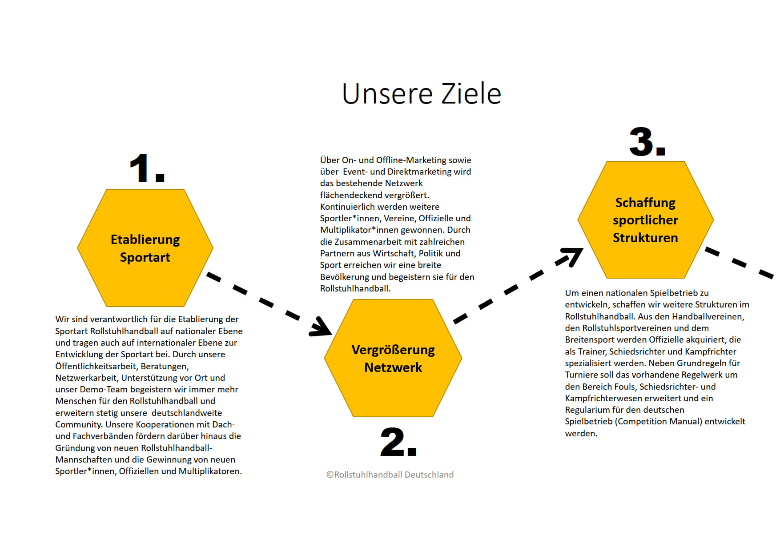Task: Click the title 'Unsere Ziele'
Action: click(422, 94)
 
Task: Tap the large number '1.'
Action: click(147, 168)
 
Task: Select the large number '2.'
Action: click(398, 442)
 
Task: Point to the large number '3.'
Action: click(647, 142)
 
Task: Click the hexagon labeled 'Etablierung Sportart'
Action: click(145, 248)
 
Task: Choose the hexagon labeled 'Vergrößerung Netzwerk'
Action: click(393, 358)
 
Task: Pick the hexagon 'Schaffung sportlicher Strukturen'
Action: click(646, 220)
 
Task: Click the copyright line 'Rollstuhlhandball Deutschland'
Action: click(390, 475)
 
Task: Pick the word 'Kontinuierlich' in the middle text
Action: click(347, 207)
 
